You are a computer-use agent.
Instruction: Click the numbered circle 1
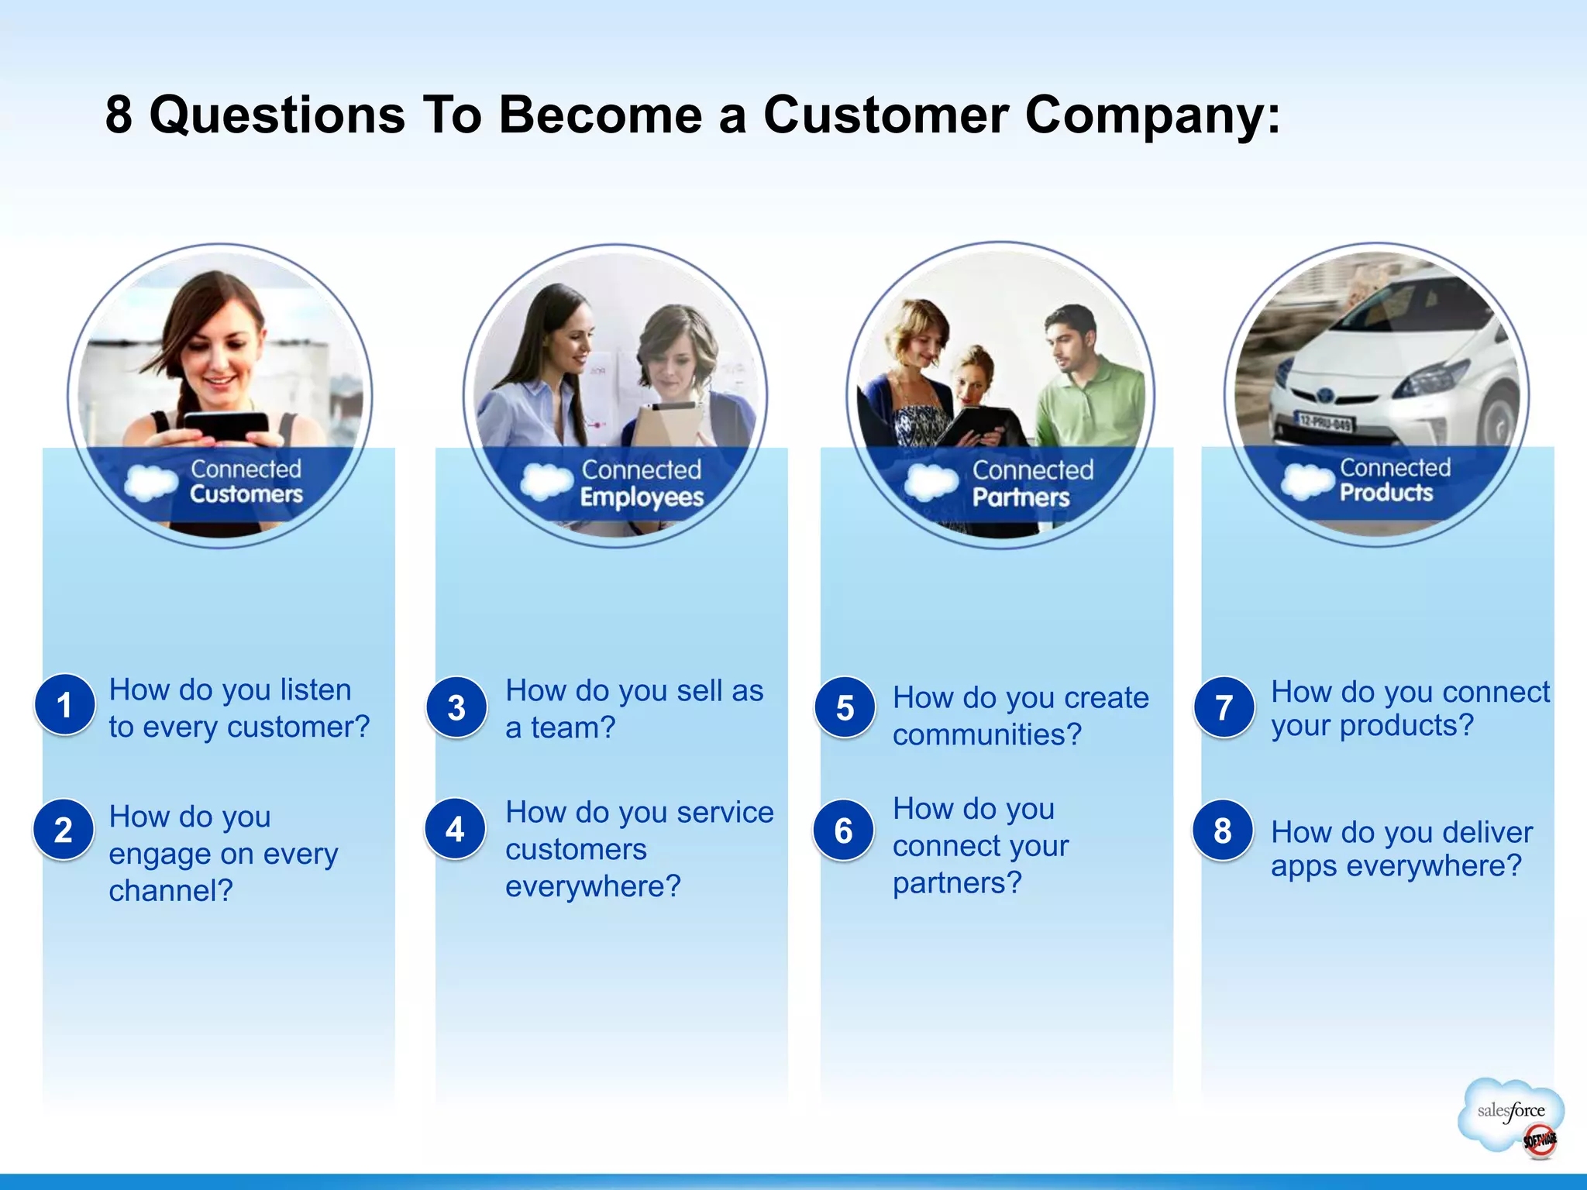(65, 704)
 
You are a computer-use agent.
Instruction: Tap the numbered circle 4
(456, 829)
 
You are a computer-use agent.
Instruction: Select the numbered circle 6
(844, 831)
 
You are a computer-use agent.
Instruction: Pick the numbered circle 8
(1223, 831)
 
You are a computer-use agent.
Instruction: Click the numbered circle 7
(1224, 707)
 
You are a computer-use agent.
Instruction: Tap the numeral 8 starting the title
(119, 115)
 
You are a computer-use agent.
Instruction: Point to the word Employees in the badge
(642, 497)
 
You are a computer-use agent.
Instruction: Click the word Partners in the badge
(1021, 497)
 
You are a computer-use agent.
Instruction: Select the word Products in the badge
(1386, 492)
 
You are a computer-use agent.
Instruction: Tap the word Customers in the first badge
(246, 494)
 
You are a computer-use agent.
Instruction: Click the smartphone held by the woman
(226, 425)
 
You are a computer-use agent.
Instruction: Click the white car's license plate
(1324, 422)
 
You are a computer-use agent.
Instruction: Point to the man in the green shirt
(1089, 387)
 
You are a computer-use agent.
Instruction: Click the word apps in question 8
(1304, 866)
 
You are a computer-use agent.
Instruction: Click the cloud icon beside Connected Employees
(546, 480)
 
